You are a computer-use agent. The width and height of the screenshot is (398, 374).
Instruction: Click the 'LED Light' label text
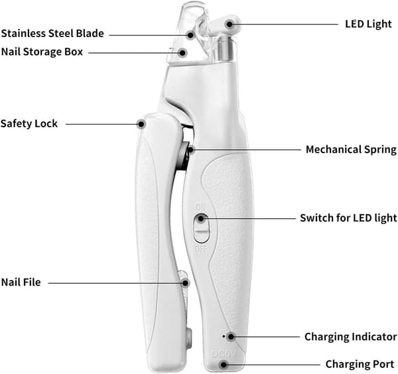[x=368, y=24]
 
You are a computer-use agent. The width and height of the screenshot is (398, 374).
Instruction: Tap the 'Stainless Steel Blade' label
[x=52, y=34]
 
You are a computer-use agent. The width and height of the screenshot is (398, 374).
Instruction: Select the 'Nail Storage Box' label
[x=42, y=52]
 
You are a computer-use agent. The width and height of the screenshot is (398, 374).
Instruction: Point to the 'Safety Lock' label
[x=29, y=124]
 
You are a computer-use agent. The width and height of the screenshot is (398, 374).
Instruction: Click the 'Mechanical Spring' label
[x=351, y=149]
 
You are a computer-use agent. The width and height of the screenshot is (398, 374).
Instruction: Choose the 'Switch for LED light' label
[x=348, y=218]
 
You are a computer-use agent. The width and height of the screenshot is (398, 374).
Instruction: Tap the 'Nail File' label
[x=21, y=282]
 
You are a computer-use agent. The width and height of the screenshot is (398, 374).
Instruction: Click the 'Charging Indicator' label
[x=350, y=337]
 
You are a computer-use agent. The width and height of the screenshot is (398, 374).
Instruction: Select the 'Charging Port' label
[x=360, y=364]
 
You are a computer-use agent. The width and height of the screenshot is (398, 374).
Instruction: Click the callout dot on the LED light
[x=230, y=25]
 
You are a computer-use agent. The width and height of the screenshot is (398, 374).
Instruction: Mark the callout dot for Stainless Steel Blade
[x=190, y=35]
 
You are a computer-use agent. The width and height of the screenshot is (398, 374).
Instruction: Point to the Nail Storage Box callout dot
[x=182, y=53]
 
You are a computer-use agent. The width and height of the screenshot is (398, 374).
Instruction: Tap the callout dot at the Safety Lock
[x=141, y=124]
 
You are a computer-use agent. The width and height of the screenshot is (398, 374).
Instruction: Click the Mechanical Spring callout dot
[x=192, y=150]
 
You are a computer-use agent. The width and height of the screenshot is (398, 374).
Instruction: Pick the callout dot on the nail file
[x=186, y=283]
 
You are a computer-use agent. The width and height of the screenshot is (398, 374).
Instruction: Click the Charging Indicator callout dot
[x=231, y=337]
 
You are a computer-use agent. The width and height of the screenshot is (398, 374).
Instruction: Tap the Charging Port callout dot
[x=224, y=365]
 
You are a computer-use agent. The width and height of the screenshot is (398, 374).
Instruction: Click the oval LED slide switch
[x=202, y=228]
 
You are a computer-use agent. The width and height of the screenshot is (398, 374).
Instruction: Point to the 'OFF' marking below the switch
[x=201, y=249]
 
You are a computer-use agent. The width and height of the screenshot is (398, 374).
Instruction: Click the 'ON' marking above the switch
[x=201, y=208]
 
